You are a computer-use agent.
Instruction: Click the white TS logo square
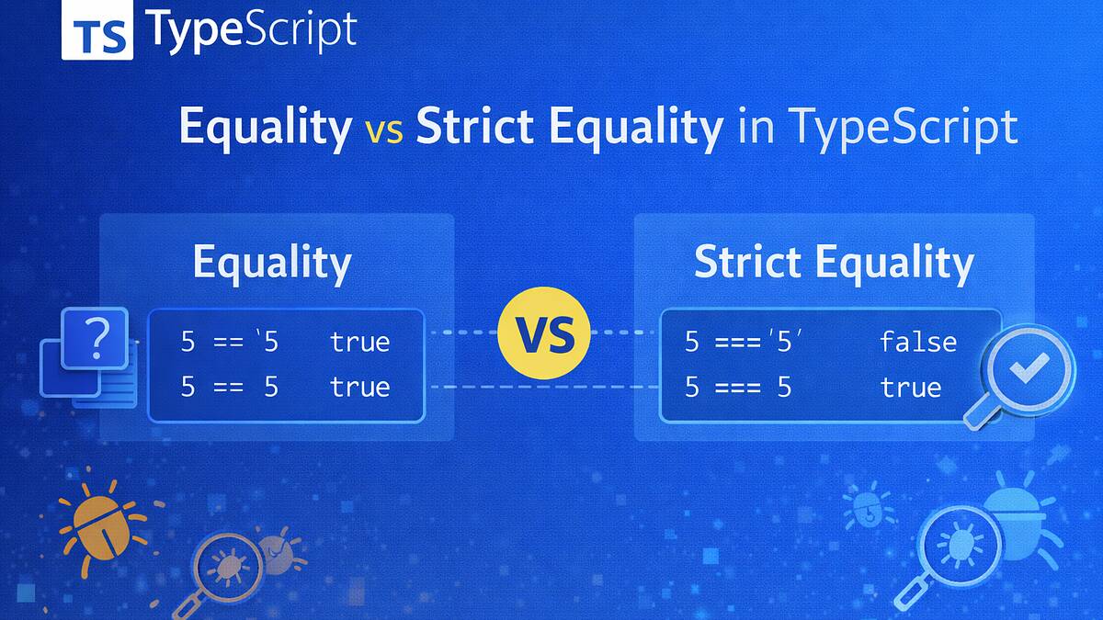pos(97,29)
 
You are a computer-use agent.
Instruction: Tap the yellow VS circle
pos(543,333)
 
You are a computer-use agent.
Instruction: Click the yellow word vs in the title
pos(384,131)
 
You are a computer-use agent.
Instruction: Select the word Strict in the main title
pos(475,126)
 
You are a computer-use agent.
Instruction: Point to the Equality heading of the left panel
pos(272,264)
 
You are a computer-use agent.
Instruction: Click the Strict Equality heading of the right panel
pos(835,264)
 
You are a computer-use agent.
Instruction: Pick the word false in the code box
pos(918,342)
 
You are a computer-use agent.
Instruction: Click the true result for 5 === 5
pos(911,387)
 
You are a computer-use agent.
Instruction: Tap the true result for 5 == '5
pos(360,342)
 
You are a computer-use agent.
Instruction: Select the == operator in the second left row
pos(229,388)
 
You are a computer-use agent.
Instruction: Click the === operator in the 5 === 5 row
pos(737,388)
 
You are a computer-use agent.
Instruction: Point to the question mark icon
pos(97,339)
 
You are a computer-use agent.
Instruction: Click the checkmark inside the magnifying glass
pos(1029,367)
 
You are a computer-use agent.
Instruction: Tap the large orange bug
pos(101,525)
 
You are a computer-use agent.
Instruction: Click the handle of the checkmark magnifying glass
pos(980,412)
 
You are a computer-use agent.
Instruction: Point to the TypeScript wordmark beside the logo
pos(251,30)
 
